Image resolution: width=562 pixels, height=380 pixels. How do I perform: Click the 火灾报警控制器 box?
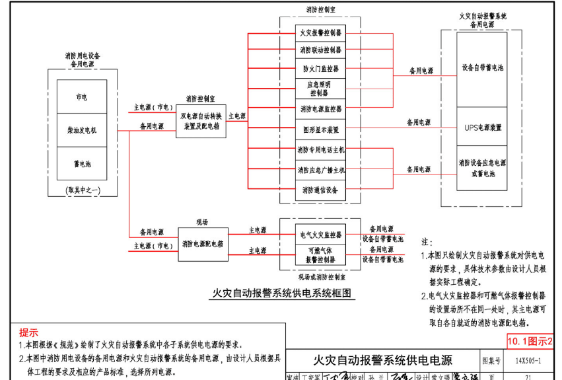click(320, 32)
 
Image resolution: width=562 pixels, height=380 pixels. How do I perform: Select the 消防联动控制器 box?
click(320, 50)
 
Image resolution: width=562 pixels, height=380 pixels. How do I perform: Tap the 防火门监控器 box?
click(320, 68)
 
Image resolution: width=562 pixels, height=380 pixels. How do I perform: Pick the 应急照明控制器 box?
click(320, 89)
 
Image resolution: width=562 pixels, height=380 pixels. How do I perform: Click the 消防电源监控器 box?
click(320, 108)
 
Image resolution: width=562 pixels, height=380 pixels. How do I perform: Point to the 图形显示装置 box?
click(320, 130)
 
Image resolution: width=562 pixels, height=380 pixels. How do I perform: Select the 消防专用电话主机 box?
click(320, 150)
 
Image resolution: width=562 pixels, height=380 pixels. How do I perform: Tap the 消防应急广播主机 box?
click(320, 170)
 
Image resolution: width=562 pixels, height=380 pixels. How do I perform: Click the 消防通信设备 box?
click(320, 190)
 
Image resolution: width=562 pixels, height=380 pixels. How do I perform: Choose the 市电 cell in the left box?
click(82, 97)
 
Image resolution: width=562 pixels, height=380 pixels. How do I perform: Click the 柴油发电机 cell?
click(82, 130)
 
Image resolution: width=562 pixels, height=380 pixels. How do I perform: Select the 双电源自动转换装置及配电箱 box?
click(201, 120)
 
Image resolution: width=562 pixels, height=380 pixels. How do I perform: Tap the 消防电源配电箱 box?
click(202, 244)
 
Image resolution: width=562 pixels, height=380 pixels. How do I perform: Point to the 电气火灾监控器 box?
click(320, 234)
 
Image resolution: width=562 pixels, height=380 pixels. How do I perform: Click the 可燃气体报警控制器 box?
click(320, 255)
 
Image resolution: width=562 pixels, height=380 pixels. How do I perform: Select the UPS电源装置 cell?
click(482, 127)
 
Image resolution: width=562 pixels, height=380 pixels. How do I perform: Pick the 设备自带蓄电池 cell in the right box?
click(482, 68)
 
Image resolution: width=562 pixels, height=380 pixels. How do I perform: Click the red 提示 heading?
click(29, 332)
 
